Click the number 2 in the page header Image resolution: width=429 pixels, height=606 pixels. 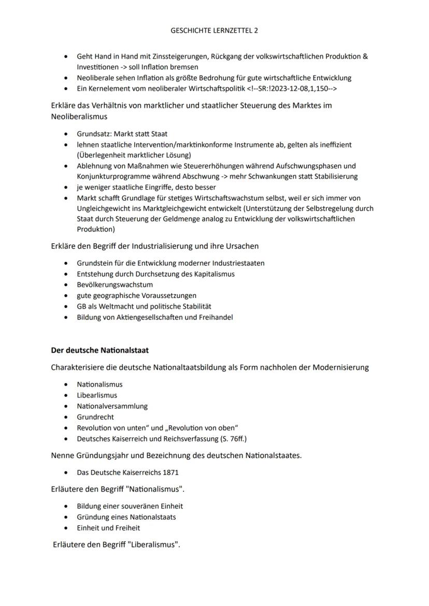[x=256, y=31]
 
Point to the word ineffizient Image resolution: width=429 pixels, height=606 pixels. [x=333, y=145]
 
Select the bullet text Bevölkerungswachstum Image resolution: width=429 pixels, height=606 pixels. [x=115, y=285]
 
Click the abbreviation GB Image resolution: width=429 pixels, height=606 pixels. [x=82, y=306]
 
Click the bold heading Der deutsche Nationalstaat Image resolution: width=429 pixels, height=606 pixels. [x=99, y=350]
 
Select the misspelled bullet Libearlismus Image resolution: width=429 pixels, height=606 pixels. [x=97, y=395]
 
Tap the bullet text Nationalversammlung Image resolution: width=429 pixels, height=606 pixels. [x=112, y=406]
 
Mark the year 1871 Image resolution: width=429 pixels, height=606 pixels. [x=171, y=472]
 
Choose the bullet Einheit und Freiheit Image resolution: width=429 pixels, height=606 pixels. [x=108, y=528]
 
